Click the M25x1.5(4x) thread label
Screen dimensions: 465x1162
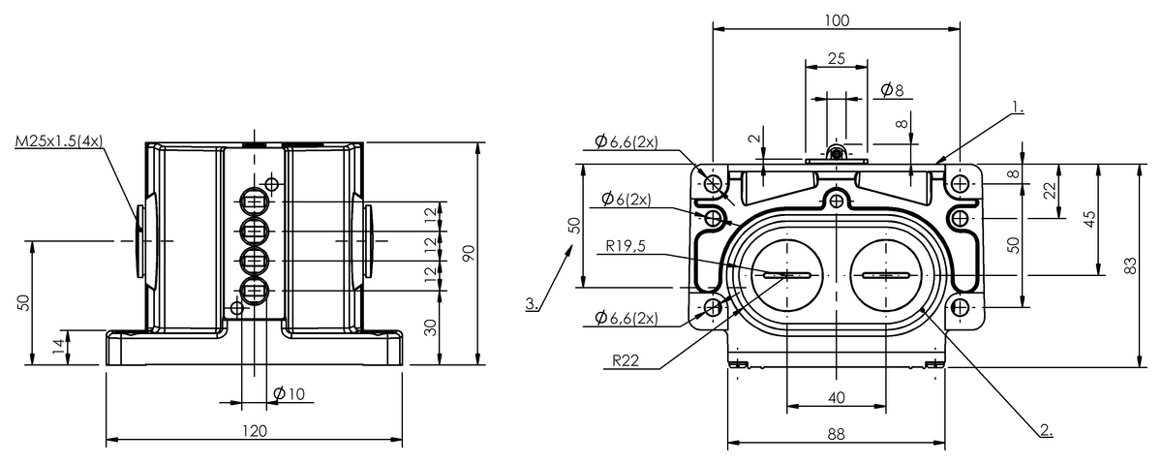[58, 142]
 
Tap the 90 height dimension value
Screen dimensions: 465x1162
[469, 254]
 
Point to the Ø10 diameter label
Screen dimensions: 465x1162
[289, 393]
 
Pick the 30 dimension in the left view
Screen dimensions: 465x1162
[432, 327]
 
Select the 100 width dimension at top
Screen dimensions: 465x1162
[837, 20]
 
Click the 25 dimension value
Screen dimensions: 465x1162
[837, 58]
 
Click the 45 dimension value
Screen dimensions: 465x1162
[1089, 219]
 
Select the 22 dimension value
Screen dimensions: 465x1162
[1050, 192]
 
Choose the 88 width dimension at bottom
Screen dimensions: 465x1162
[837, 435]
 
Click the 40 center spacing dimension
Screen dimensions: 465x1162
[837, 397]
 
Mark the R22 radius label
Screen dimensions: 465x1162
[627, 359]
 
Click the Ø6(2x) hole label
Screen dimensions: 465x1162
[625, 199]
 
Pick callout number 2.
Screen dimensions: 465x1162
[1045, 428]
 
